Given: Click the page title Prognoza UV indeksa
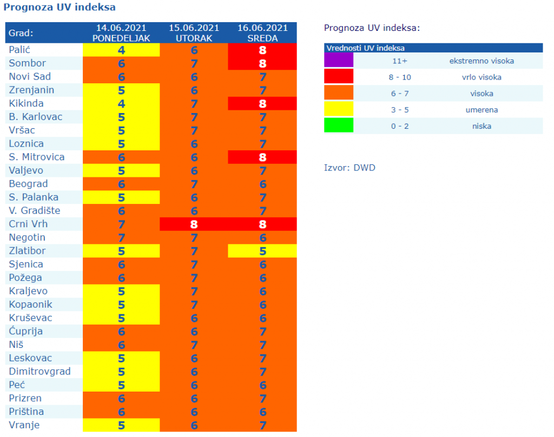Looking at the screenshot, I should [x=60, y=8].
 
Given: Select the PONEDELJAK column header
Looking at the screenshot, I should [x=121, y=33].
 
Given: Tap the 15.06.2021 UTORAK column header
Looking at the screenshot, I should [x=194, y=33].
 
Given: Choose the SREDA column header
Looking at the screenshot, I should [x=262, y=33].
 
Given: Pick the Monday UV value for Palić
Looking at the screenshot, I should [x=121, y=50].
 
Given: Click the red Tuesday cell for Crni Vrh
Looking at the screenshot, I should [x=194, y=224].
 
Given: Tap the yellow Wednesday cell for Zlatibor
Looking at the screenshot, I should [x=262, y=251].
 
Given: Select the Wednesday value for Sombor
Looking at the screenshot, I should [x=262, y=63].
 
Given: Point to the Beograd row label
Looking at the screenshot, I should [x=28, y=184].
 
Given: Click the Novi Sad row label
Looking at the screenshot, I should [x=30, y=77].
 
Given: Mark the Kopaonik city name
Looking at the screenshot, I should [x=31, y=304].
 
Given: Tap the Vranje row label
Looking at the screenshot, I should [x=24, y=425].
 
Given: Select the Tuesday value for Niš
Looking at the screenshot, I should [x=194, y=345].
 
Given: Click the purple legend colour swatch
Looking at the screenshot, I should [x=339, y=61].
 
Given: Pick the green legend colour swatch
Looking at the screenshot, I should [x=339, y=125].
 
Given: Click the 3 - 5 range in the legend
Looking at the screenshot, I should [x=400, y=110].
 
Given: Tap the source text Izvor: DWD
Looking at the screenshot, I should [x=349, y=168].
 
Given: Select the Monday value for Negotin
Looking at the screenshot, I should [x=121, y=237].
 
